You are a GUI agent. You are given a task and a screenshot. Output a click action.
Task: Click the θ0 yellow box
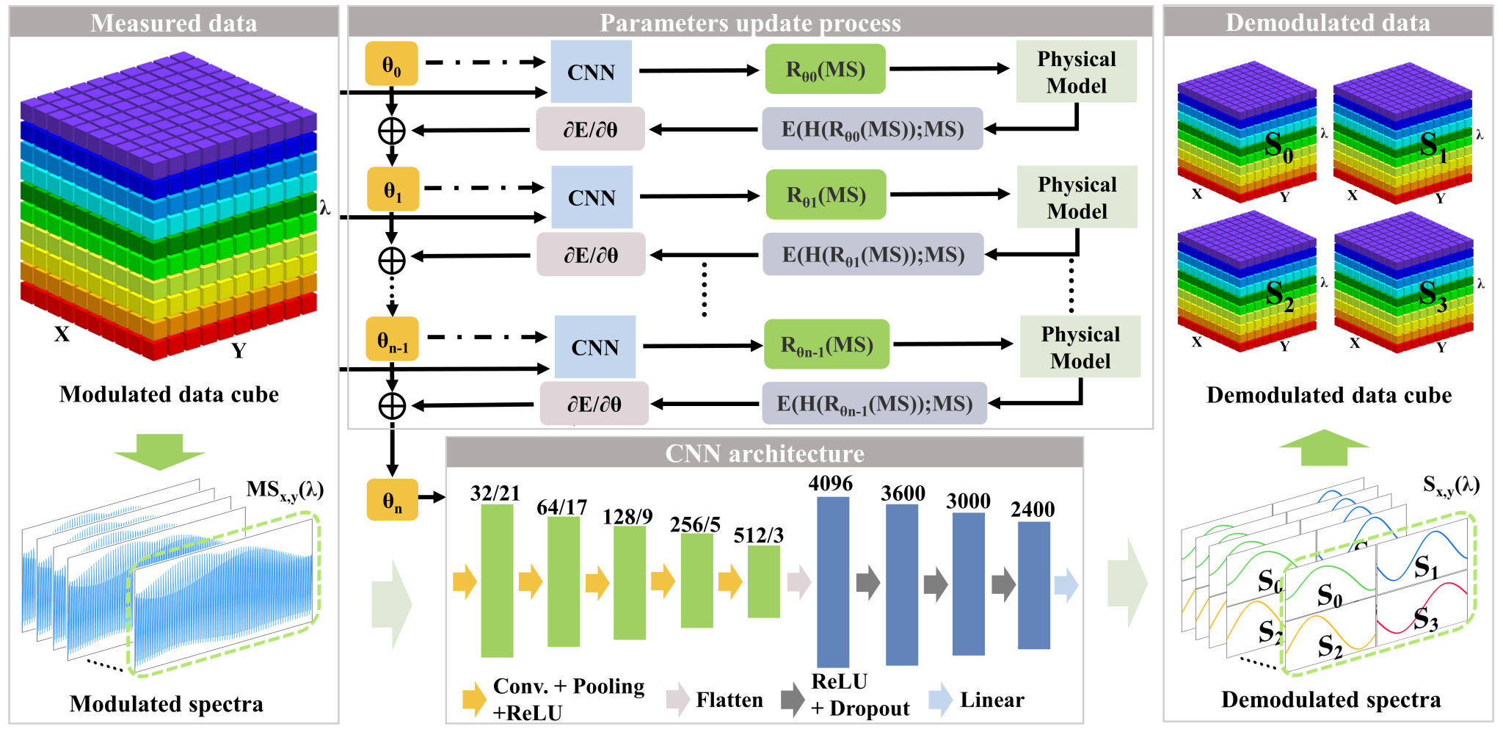(392, 64)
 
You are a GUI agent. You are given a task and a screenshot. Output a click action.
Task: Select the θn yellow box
(393, 500)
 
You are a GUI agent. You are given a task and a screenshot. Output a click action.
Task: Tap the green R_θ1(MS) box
(826, 195)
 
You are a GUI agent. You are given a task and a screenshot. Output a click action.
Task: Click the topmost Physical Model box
(1076, 72)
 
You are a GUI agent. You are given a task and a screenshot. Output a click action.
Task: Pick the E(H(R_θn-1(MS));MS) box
(874, 403)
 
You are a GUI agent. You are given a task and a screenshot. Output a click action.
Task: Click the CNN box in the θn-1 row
(594, 347)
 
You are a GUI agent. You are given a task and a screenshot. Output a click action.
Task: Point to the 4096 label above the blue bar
(831, 483)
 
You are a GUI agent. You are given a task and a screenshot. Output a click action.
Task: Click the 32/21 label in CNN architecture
(495, 493)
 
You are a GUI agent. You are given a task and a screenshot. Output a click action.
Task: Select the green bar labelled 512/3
(763, 581)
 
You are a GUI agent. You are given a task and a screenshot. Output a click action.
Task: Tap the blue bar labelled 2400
(1033, 585)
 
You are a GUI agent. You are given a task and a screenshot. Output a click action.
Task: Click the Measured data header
(174, 23)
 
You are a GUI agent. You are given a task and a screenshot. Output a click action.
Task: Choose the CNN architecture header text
(765, 453)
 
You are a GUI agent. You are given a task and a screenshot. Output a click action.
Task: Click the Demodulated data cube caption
(1329, 395)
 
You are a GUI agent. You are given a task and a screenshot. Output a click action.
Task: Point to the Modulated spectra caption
(167, 703)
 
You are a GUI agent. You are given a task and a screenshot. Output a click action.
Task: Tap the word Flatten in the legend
(729, 700)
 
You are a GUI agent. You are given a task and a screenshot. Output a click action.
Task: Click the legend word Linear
(991, 700)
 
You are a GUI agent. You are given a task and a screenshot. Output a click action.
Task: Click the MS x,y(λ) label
(285, 490)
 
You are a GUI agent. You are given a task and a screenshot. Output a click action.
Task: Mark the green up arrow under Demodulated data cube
(1324, 447)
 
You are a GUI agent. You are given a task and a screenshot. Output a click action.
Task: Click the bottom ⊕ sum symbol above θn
(392, 405)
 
